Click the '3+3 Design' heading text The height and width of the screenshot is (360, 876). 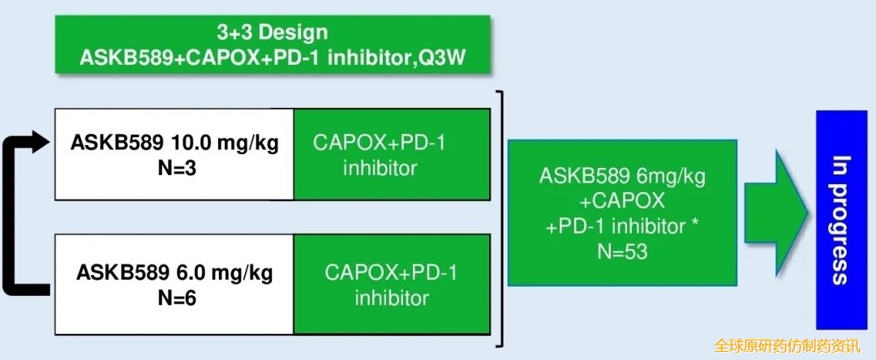coord(273,32)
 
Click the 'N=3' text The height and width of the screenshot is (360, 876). coord(177,168)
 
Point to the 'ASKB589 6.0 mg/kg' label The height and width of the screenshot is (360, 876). coord(174,273)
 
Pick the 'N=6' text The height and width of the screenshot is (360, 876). coord(177,298)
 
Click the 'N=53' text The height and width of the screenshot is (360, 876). coord(622,251)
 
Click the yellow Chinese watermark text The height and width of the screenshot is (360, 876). coord(787,346)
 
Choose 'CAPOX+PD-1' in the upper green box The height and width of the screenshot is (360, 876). coord(380,143)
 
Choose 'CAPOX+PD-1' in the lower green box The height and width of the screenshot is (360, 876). coord(391,273)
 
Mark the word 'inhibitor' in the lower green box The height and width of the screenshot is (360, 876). coord(393,298)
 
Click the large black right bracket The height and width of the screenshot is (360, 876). coord(501,218)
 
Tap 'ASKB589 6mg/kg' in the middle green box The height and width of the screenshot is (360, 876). coord(622,177)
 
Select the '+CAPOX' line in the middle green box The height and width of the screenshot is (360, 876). coord(623,201)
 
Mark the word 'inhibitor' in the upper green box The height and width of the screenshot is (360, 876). coord(380,168)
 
